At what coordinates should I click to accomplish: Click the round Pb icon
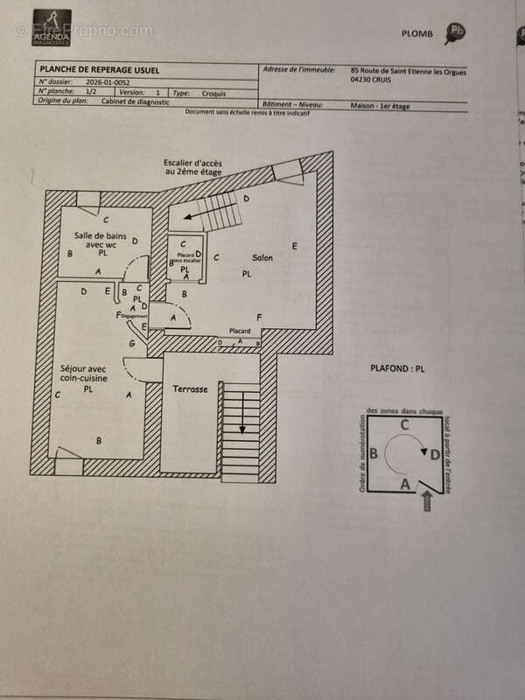pos(455,33)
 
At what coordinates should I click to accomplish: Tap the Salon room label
pos(262,258)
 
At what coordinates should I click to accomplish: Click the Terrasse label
pos(190,388)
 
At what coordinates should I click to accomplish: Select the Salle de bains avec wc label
pos(100,241)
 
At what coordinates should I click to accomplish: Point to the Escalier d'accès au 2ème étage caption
pos(192,168)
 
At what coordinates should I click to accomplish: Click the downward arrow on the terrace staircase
pos(242,426)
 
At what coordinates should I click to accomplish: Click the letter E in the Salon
pos(295,246)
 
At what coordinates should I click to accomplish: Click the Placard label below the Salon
pos(240,331)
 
